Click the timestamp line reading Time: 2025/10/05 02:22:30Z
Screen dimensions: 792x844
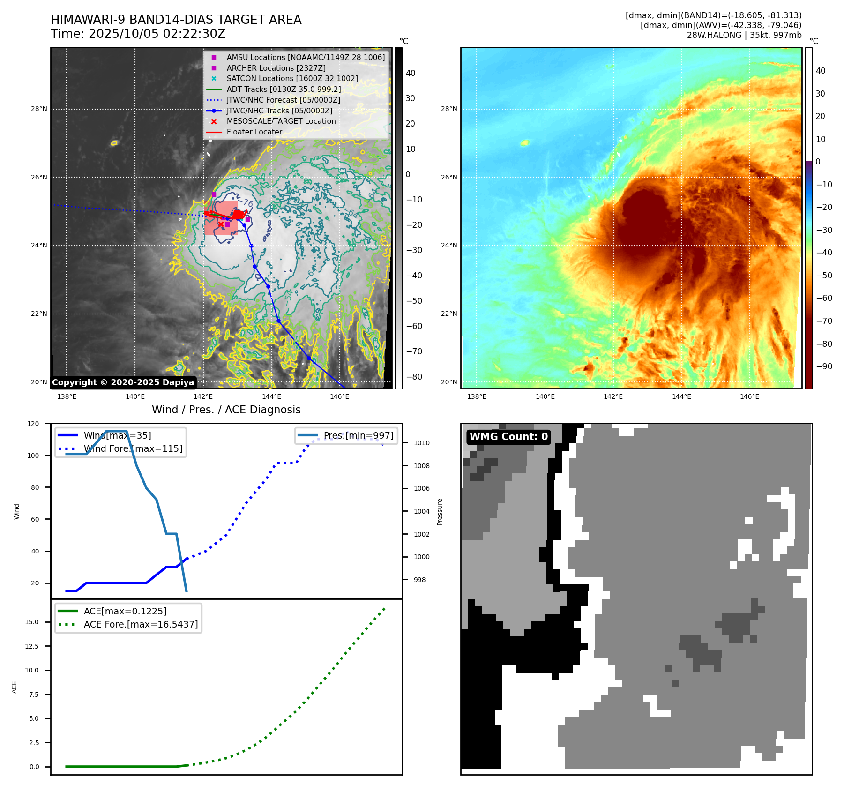click(x=138, y=34)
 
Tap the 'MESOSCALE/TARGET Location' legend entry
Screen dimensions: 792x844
click(x=281, y=121)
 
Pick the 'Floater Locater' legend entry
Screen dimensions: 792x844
click(x=254, y=132)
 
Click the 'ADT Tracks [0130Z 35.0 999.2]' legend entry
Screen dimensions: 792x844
click(x=284, y=89)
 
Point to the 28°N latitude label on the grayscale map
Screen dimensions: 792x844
click(x=39, y=109)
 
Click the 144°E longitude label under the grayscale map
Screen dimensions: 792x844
click(x=271, y=396)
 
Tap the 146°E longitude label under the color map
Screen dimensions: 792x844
click(x=749, y=396)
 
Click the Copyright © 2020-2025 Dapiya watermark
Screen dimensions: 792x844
click(x=123, y=382)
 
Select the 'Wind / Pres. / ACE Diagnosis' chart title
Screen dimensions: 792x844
click(x=226, y=410)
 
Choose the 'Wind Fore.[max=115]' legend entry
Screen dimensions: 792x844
click(x=133, y=448)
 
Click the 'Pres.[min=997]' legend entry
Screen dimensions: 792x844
click(x=359, y=435)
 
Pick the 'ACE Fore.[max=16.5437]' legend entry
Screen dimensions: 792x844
click(x=141, y=624)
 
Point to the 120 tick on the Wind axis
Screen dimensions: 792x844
click(x=34, y=424)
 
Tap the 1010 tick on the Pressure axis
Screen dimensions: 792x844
click(x=421, y=443)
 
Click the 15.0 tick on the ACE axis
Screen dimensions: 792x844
click(x=32, y=622)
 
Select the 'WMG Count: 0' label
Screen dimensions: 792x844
click(x=508, y=437)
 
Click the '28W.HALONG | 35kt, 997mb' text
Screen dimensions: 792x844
click(x=744, y=35)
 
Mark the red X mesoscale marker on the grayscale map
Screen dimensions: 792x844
click(x=221, y=224)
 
